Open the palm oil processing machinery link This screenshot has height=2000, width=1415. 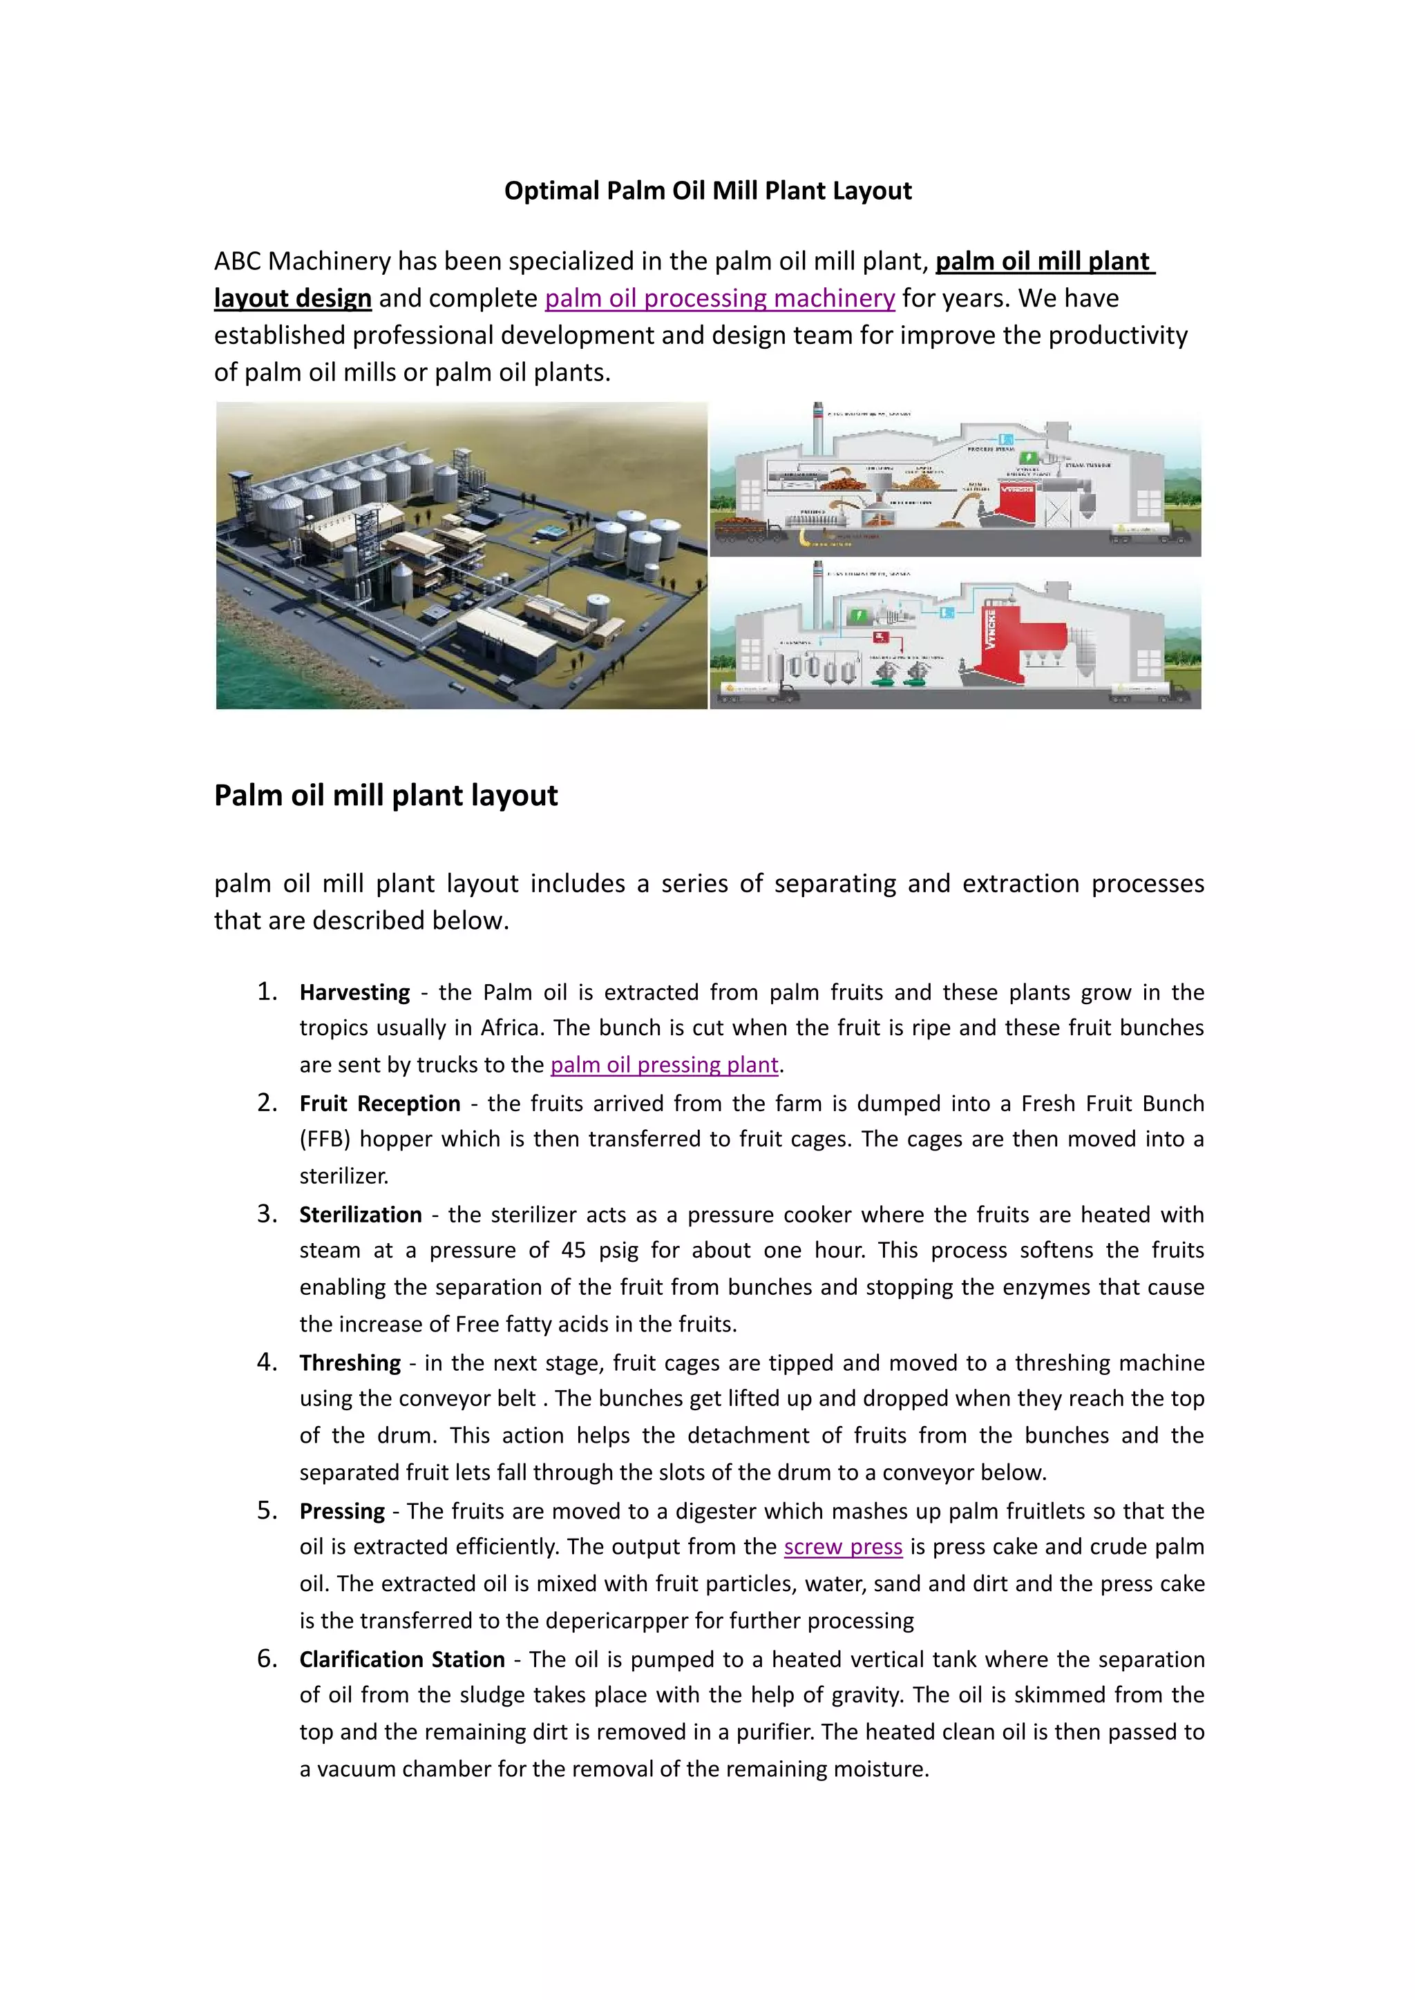[x=720, y=298]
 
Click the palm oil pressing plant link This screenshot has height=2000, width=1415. [x=664, y=1064]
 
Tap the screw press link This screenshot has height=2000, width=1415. [x=842, y=1546]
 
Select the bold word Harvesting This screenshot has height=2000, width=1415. [x=354, y=992]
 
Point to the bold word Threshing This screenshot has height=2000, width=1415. [x=350, y=1363]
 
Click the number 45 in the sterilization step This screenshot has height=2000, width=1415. [x=573, y=1250]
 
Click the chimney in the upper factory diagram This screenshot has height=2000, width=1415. [x=818, y=427]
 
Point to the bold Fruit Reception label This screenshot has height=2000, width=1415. [x=380, y=1104]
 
